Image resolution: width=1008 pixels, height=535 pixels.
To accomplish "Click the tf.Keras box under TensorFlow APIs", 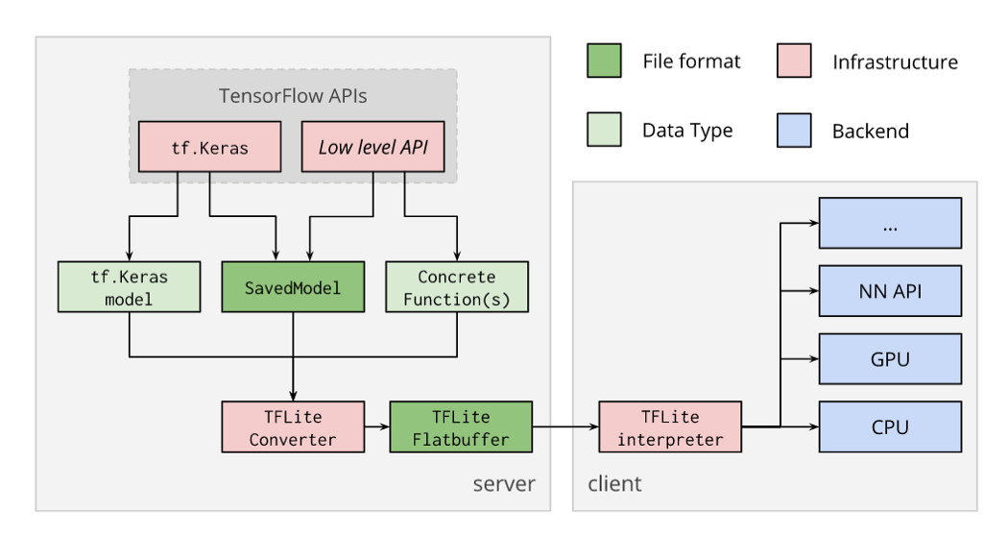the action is [209, 147].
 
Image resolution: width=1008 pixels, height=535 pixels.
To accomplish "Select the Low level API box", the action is [372, 147].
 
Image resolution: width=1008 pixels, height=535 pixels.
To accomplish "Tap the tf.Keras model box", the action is [130, 287].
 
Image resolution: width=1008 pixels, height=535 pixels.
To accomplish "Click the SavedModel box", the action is [293, 287].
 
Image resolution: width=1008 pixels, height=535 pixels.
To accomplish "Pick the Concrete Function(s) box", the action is [457, 287].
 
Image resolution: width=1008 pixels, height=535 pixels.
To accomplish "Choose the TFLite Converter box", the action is [293, 427].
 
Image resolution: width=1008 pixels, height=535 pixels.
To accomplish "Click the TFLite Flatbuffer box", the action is [461, 427].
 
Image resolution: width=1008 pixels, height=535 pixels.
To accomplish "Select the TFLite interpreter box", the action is [670, 427].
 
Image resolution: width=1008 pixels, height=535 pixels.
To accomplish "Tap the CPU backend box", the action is [890, 427].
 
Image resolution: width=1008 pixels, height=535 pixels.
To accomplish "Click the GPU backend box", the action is [890, 359].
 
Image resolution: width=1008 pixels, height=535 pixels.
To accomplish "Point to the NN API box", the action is [890, 291].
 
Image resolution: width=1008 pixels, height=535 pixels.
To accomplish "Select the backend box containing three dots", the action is [890, 223].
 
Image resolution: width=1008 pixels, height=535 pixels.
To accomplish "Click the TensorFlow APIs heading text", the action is [293, 96].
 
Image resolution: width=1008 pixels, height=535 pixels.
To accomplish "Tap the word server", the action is [504, 483].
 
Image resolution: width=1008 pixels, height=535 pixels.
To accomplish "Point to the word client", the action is [614, 483].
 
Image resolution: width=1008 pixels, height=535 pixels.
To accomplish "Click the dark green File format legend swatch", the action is [604, 61].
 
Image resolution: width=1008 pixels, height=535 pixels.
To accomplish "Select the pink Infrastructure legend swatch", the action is [794, 61].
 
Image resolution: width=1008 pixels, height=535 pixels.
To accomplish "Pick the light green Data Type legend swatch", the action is [604, 130].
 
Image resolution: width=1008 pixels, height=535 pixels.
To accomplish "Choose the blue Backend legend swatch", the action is [794, 130].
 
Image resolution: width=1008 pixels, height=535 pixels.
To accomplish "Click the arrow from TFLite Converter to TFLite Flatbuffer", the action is [377, 426].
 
